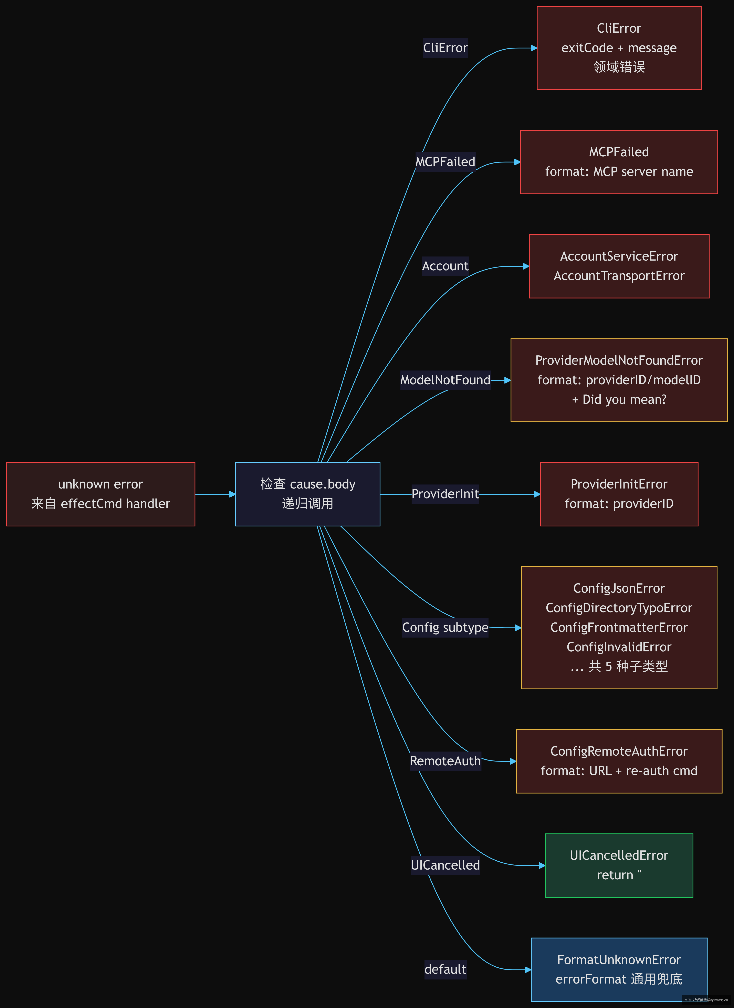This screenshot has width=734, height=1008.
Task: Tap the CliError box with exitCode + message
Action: [619, 48]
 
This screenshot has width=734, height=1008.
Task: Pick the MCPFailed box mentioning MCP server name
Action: [619, 162]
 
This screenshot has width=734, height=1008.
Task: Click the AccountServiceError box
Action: [619, 266]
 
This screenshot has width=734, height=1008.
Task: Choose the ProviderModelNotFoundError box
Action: [619, 380]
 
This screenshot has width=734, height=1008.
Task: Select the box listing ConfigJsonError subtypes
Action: [619, 628]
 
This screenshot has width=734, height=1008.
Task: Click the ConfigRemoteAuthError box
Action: [619, 761]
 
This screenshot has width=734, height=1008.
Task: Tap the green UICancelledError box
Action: [619, 865]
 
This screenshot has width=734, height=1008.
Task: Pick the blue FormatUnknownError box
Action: [619, 969]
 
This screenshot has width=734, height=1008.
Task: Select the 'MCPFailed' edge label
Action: [445, 162]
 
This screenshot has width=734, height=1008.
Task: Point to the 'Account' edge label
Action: [445, 266]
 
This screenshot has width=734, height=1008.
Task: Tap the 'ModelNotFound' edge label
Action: [445, 380]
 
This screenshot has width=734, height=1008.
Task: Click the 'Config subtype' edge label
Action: [445, 628]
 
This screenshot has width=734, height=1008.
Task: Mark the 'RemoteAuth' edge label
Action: [445, 761]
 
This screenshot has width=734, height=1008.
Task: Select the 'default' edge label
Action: [445, 969]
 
